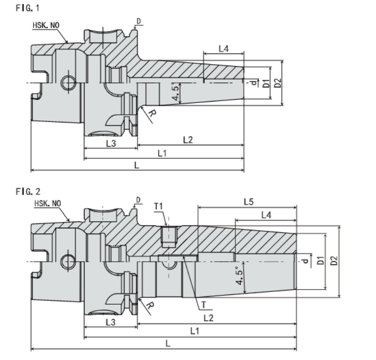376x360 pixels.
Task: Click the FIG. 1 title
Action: tap(27, 8)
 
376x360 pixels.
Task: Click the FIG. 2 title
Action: tap(28, 191)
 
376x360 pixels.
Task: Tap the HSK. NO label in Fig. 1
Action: tap(46, 25)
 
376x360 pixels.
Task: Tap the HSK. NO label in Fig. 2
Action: tap(48, 204)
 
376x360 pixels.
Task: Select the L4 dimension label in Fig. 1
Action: tap(224, 49)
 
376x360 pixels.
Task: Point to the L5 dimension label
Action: tap(249, 202)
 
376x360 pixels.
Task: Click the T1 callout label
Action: tap(159, 206)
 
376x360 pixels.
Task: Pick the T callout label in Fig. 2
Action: tap(204, 305)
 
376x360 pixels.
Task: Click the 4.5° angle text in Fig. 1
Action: tap(176, 92)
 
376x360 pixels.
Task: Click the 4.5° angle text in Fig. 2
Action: tap(240, 275)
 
